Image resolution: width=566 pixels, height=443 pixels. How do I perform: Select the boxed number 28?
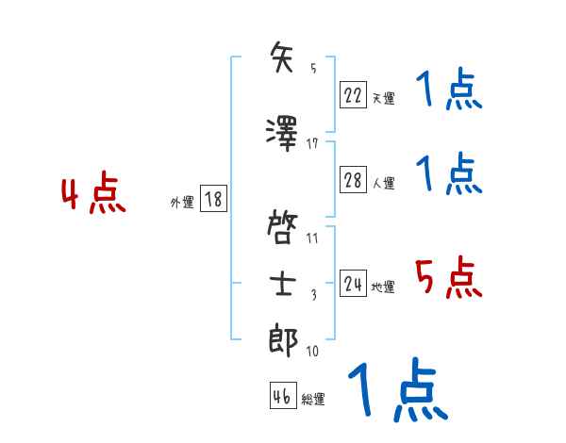353,180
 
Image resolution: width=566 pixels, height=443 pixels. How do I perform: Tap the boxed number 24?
353,284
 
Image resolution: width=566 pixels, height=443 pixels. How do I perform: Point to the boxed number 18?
213,199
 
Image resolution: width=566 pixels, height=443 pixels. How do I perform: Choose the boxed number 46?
282,396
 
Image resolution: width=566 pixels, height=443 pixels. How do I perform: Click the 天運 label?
383,96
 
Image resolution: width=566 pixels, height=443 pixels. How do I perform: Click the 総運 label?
313,400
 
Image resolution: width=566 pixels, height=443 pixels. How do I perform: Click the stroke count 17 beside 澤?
313,143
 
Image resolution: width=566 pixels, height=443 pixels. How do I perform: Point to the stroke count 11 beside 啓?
312,238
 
